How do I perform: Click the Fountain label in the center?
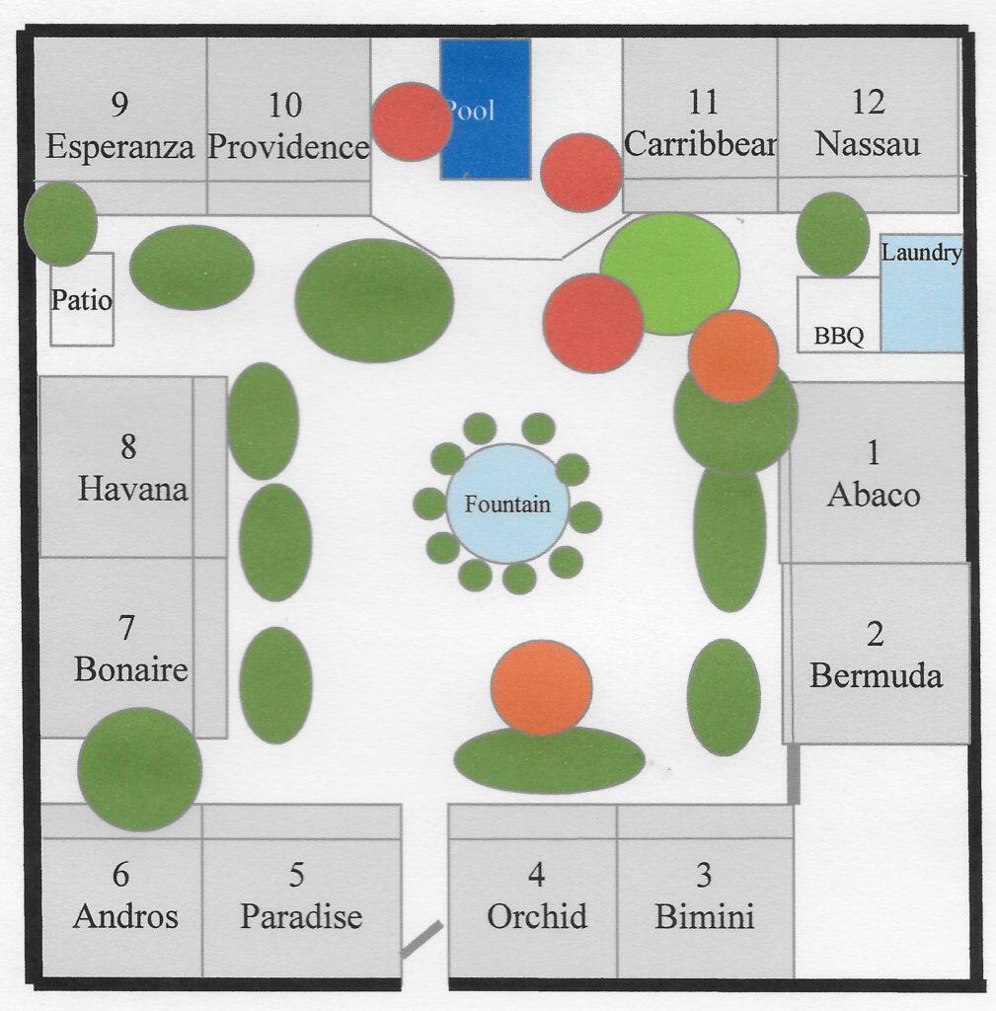507,505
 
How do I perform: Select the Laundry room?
922,296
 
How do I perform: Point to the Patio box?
82,300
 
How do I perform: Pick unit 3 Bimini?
705,896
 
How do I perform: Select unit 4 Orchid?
536,896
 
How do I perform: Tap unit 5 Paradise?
301,896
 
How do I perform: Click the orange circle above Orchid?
541,687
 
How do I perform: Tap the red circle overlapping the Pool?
412,121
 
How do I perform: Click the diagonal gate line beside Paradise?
421,939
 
